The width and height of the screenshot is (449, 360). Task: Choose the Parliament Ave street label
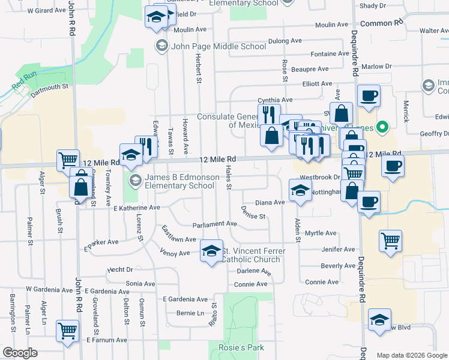click(214, 224)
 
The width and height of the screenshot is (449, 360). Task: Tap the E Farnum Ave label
click(106, 340)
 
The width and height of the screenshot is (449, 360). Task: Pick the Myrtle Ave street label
click(321, 233)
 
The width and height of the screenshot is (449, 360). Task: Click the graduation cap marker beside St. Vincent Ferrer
click(211, 253)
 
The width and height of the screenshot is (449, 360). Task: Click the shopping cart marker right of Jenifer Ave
click(390, 241)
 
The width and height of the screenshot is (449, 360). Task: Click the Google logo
click(20, 353)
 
